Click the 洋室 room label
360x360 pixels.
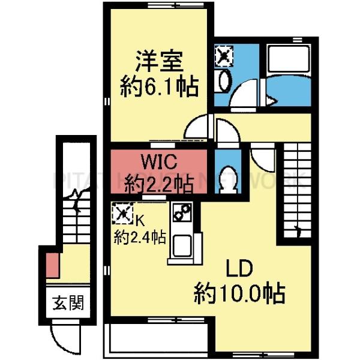click(158, 62)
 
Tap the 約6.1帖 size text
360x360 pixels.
click(159, 88)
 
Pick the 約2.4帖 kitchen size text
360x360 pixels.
click(140, 236)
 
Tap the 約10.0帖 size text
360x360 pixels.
click(239, 294)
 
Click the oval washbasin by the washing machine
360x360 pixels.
click(223, 80)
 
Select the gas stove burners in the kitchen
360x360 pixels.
click(181, 213)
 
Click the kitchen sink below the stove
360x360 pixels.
click(181, 245)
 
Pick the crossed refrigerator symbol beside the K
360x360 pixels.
click(122, 214)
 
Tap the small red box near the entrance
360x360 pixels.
click(52, 265)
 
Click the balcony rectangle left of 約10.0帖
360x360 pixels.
click(158, 338)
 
